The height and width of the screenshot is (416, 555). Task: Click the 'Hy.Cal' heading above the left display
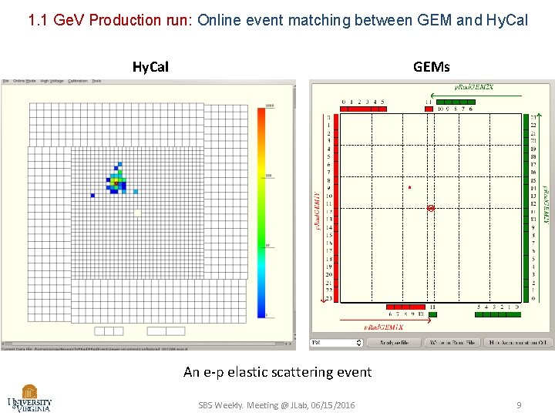click(x=150, y=67)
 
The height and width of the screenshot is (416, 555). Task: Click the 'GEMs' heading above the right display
click(x=431, y=67)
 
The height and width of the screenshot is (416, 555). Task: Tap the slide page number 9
click(x=519, y=404)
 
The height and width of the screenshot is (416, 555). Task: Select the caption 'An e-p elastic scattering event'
click(x=277, y=372)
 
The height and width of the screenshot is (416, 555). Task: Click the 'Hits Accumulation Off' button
click(x=518, y=342)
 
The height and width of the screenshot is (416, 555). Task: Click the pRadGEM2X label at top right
click(x=472, y=87)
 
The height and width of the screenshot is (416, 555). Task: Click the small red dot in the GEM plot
click(x=409, y=187)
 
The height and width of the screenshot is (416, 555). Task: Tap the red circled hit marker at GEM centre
click(x=431, y=208)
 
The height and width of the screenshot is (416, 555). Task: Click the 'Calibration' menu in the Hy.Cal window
click(x=78, y=81)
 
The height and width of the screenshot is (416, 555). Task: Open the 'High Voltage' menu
click(x=52, y=81)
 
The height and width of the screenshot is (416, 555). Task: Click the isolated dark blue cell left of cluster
click(x=92, y=196)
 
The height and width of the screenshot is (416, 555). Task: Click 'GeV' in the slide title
click(x=70, y=20)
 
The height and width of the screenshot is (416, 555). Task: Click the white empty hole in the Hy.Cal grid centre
click(x=137, y=212)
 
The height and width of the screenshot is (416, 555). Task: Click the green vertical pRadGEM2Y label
click(x=546, y=204)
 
